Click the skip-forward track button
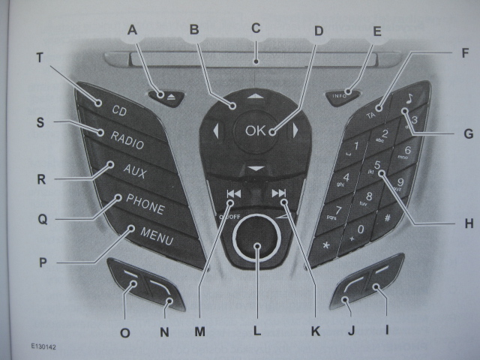point(279,193)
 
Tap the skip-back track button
point(233,193)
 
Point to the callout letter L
point(256,329)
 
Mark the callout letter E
point(376,31)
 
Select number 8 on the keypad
point(368,197)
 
